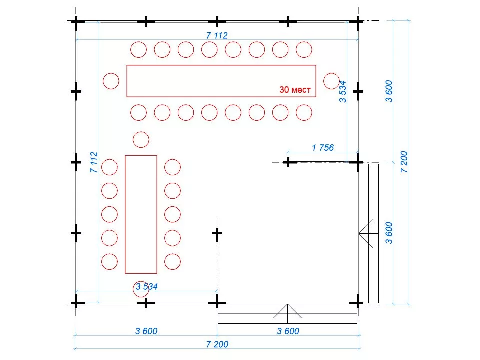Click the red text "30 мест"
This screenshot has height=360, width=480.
point(295,90)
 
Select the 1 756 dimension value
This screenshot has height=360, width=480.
point(322,147)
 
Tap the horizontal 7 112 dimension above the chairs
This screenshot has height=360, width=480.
point(217,35)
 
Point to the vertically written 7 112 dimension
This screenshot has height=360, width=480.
point(93,162)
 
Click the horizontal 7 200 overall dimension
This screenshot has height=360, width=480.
point(217,344)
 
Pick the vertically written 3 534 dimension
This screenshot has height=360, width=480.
point(343,91)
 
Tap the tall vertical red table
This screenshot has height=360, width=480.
point(141,214)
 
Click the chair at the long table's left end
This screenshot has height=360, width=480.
point(111,81)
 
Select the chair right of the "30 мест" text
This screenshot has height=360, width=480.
point(331,81)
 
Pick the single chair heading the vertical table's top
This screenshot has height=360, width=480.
point(141,139)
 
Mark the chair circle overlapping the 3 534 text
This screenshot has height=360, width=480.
point(141,289)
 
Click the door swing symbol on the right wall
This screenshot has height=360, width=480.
point(368,232)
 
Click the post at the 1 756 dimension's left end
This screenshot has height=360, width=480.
point(288,162)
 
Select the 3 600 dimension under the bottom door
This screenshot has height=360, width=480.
point(288,331)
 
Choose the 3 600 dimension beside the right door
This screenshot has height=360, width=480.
point(389,232)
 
